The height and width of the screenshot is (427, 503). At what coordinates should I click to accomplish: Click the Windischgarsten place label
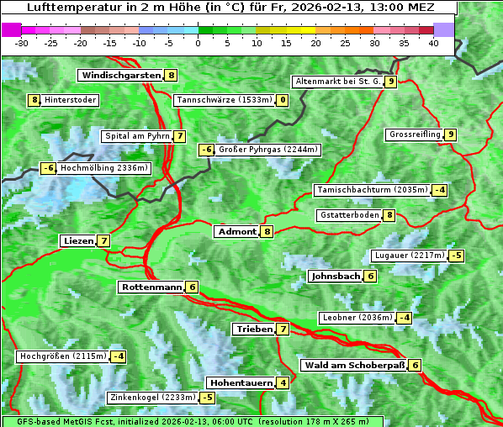pos(120,76)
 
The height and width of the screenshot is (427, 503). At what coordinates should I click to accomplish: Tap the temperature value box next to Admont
pos(267,232)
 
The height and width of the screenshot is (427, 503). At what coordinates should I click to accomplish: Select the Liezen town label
pos(78,241)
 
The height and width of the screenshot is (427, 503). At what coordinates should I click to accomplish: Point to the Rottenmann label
pos(151,287)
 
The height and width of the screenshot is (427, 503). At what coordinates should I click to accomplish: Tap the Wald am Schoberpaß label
pos(354,366)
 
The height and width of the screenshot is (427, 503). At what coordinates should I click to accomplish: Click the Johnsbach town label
pos(336,277)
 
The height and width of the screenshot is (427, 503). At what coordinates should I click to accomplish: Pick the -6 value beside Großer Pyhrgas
pos(206,150)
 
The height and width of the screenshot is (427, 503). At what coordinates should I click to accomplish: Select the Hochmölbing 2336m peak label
pos(103,168)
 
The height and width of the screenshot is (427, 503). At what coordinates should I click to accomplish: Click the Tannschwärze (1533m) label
pos(225,101)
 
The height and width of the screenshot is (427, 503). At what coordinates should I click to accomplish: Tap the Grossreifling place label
pos(415,134)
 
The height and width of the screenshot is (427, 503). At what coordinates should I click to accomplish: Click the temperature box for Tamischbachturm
pos(439,190)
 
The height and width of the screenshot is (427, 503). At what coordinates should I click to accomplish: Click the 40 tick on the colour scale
pos(433,43)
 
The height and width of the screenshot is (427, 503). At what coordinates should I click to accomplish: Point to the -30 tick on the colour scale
pos(22,43)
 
